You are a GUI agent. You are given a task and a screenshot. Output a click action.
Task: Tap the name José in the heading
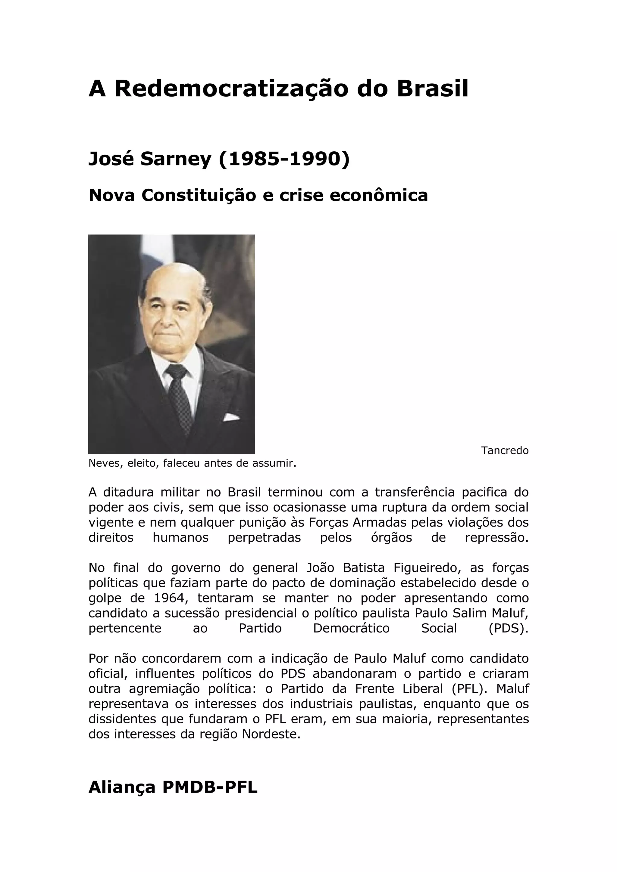[111, 159]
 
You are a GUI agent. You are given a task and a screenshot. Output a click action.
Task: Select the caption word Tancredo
[504, 450]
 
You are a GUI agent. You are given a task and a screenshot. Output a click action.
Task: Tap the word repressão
[496, 538]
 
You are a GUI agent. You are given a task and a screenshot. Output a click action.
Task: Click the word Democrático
[351, 628]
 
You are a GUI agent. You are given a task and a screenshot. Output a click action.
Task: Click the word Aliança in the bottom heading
[122, 788]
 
